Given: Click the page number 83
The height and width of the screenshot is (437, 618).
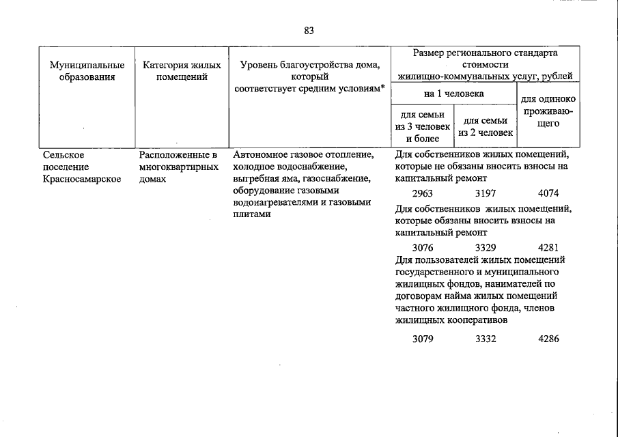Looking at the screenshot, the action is [309, 30].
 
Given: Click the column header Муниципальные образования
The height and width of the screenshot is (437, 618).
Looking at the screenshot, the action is [87, 72].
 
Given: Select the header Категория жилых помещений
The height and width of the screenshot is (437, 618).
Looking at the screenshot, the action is [182, 72].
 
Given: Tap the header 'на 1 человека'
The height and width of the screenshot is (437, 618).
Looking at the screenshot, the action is [453, 93].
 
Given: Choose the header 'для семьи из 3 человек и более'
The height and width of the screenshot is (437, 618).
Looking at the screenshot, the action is [422, 126].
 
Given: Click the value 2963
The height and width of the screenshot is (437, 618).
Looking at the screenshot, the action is [423, 194].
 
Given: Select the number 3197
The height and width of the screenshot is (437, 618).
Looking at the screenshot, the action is [486, 194].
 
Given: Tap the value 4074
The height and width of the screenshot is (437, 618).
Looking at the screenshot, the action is [548, 194].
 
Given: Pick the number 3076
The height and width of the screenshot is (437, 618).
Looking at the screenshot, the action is [423, 246].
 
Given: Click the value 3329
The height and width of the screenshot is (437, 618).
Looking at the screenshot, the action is [486, 246].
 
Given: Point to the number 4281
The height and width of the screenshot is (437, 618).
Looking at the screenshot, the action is [548, 246].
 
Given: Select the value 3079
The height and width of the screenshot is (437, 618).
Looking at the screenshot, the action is [423, 339].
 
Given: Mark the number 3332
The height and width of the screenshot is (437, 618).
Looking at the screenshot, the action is [486, 339].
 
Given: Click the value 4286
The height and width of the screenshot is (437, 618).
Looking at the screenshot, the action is [548, 339].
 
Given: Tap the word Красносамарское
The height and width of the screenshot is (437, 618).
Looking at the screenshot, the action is [82, 179].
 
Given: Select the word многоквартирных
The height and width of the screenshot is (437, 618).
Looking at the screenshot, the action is [178, 167].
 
